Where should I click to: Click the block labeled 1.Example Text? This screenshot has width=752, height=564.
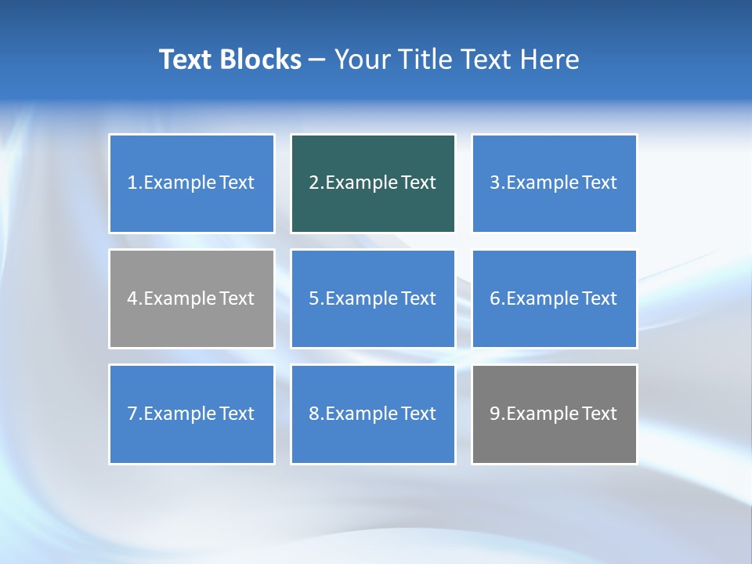192,183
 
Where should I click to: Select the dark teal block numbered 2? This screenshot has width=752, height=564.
373,183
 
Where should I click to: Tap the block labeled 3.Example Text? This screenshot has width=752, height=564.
554,183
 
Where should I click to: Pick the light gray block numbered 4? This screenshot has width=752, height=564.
192,298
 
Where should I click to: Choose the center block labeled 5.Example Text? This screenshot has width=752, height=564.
373,298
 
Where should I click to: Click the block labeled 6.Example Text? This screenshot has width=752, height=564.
554,298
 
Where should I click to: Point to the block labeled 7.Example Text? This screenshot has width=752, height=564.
192,414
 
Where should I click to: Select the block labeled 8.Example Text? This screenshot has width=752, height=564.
373,414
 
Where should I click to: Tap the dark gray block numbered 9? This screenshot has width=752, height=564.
554,414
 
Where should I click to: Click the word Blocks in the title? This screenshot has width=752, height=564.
262,60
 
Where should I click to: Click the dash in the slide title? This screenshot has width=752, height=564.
318,60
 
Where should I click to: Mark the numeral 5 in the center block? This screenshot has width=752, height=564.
313,298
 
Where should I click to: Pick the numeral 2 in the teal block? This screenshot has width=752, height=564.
313,183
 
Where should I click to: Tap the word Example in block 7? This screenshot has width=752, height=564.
179,414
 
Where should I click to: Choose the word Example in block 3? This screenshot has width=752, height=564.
541,183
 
